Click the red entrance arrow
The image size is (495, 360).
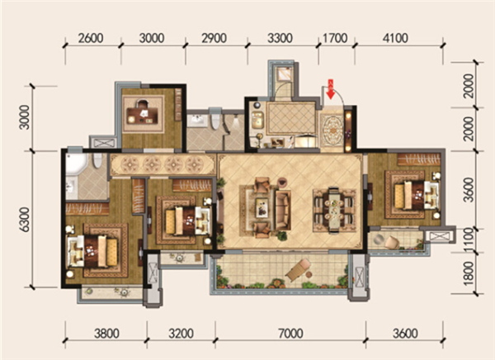(331, 89)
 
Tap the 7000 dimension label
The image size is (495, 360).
(290, 334)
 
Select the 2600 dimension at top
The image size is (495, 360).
(91, 38)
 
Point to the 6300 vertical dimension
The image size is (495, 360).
(25, 220)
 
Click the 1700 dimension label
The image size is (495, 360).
(335, 38)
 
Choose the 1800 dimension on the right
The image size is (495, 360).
(469, 273)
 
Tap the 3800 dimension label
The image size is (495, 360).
(106, 334)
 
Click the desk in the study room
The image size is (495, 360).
(143, 116)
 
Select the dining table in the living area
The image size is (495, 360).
(333, 211)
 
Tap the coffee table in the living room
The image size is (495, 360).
(262, 207)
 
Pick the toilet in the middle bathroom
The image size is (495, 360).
(215, 118)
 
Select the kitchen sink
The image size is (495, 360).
(257, 120)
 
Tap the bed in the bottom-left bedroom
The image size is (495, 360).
(101, 251)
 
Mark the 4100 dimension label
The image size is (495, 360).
(395, 38)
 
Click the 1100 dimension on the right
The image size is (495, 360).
(469, 240)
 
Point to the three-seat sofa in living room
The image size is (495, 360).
(283, 210)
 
